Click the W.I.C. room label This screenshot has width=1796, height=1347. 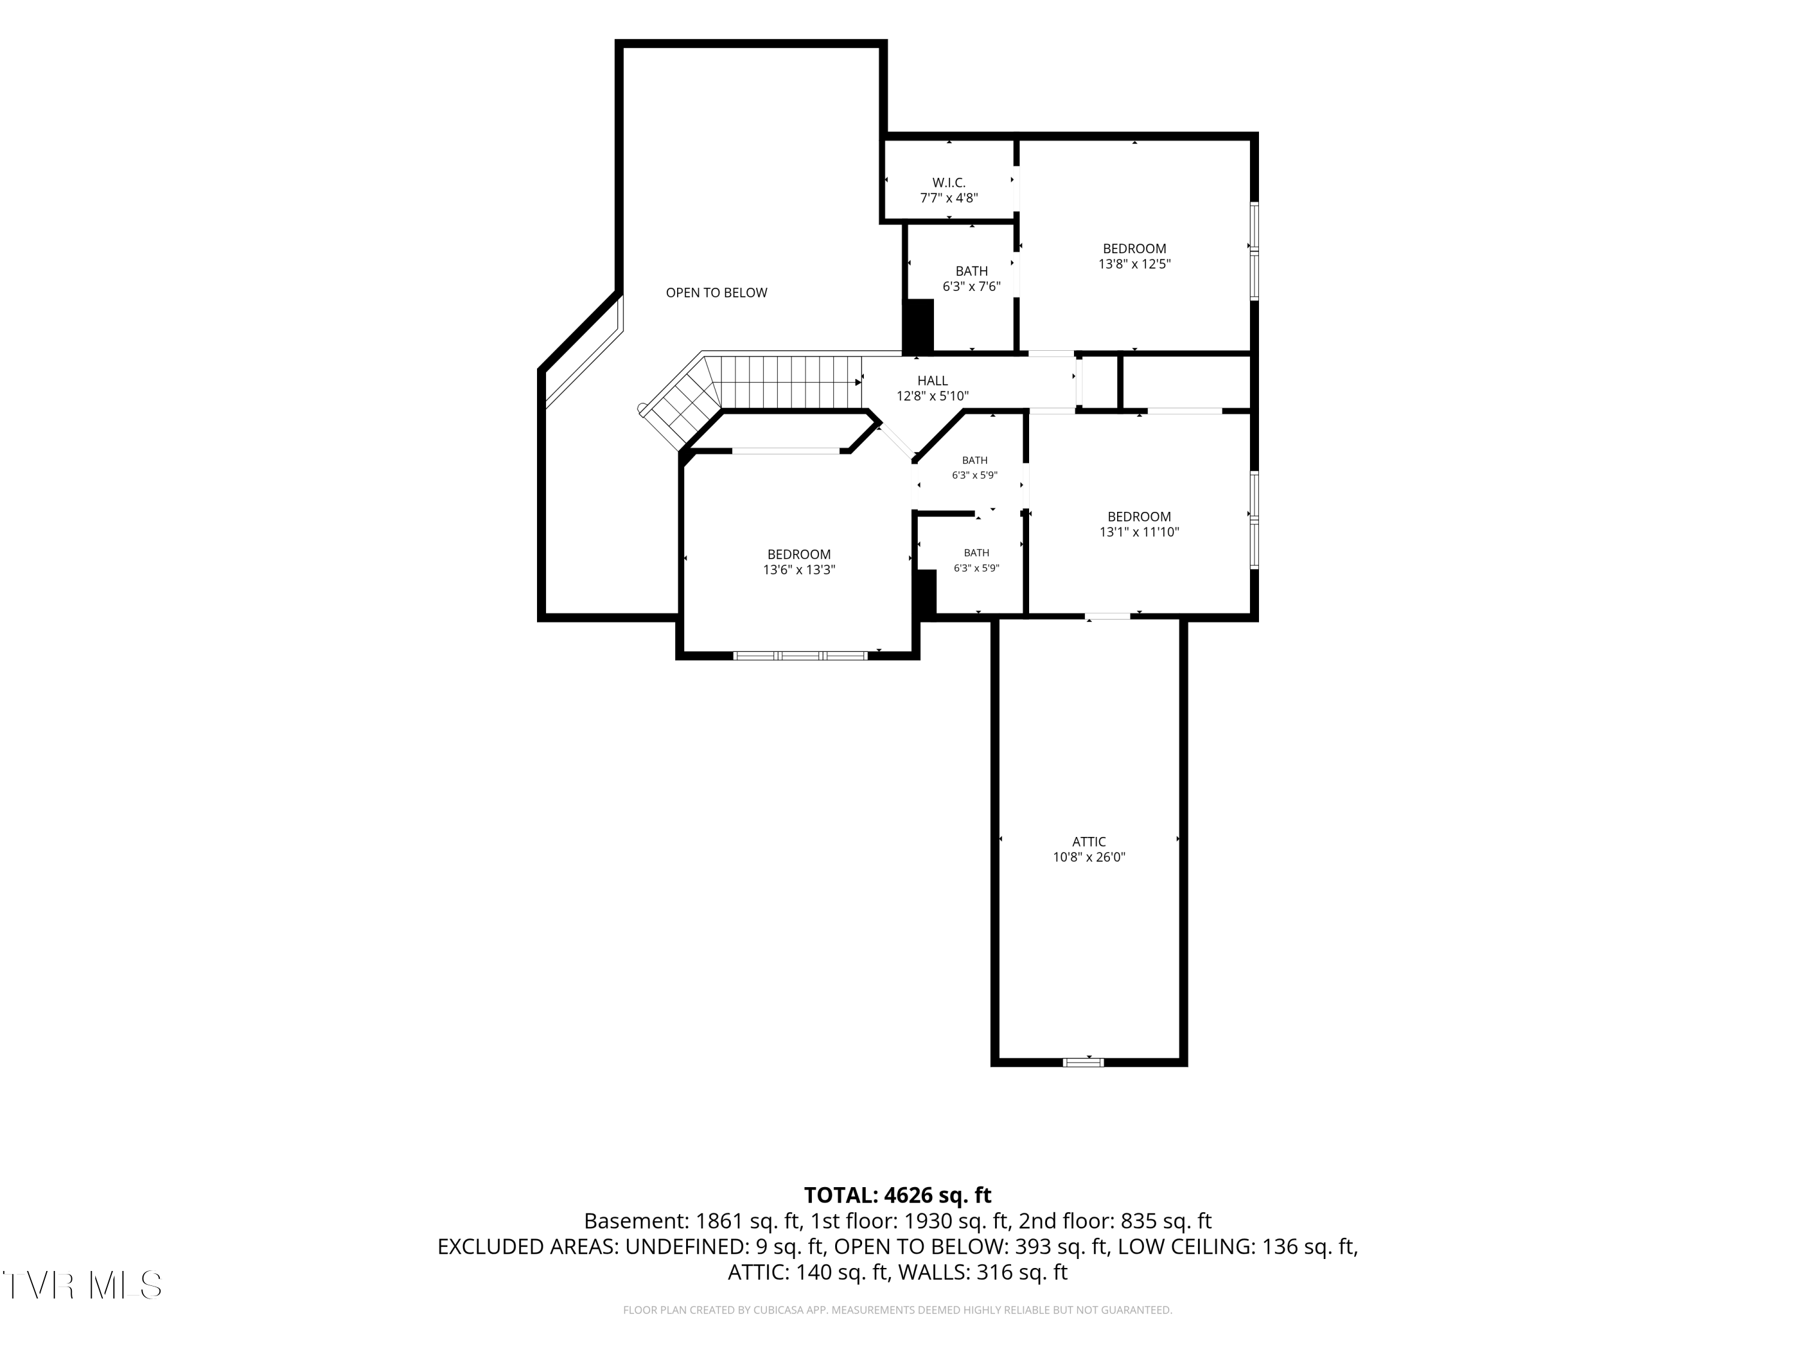948,183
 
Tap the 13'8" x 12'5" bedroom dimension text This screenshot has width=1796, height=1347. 1134,264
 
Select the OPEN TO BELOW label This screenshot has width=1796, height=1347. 716,292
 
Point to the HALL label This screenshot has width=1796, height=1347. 932,381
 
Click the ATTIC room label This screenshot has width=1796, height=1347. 1089,842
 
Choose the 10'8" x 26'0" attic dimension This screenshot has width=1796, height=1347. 1089,857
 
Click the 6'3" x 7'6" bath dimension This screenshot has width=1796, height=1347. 971,286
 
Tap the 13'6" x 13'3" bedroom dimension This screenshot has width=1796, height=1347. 799,570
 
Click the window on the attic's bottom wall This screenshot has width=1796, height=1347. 1083,1062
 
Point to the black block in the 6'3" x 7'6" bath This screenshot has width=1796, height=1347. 918,326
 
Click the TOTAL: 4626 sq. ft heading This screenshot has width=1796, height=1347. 897,1195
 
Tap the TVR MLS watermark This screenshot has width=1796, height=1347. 82,1285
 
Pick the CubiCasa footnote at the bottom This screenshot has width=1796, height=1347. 897,1310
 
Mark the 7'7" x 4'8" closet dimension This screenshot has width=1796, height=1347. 948,198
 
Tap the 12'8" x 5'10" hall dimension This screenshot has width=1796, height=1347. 932,395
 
